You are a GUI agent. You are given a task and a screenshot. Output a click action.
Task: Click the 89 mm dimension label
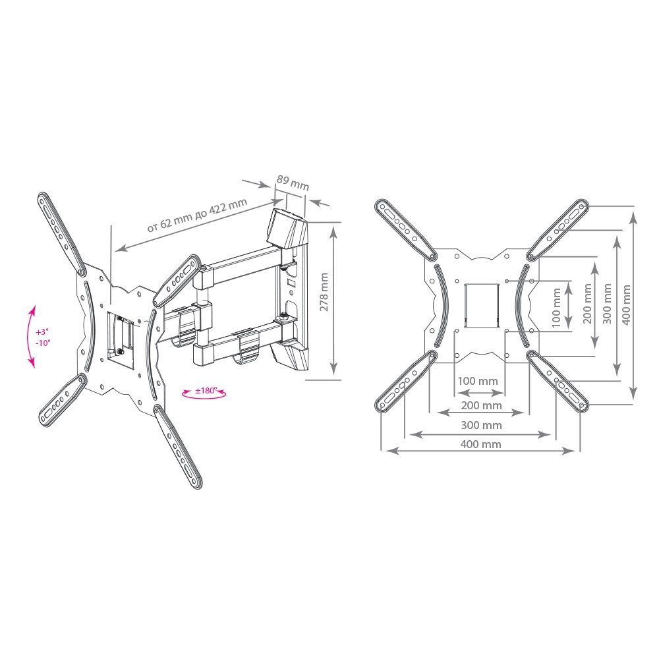click(x=293, y=182)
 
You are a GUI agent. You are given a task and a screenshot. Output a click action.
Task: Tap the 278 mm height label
click(x=324, y=292)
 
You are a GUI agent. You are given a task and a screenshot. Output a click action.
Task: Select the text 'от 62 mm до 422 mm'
click(x=197, y=215)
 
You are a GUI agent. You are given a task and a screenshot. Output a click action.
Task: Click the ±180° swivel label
click(x=206, y=390)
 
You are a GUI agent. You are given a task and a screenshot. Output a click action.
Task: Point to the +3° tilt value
click(x=42, y=331)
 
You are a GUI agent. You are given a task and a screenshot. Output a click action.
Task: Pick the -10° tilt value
click(x=42, y=343)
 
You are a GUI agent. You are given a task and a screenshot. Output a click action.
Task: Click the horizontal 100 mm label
click(x=477, y=381)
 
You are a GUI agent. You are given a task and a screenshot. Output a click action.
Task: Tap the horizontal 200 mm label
click(x=481, y=405)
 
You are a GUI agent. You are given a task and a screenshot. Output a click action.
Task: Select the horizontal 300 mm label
click(x=481, y=425)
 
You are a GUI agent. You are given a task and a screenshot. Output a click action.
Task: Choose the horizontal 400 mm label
click(x=481, y=444)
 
